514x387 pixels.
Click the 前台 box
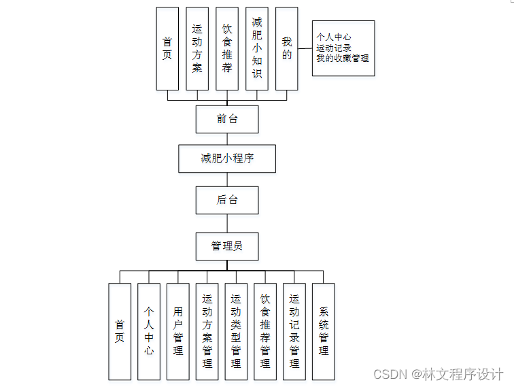(x=227, y=119)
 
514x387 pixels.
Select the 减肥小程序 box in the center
(x=227, y=158)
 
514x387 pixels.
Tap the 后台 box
(x=227, y=200)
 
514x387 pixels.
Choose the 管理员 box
(x=227, y=246)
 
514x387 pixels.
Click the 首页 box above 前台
(x=167, y=48)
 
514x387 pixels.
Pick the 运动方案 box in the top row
(x=197, y=48)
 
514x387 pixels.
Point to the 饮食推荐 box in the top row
(x=227, y=48)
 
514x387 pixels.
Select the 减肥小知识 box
(x=257, y=48)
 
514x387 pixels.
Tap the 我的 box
(x=287, y=48)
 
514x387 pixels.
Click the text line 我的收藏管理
(x=343, y=58)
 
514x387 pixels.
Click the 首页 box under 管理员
(x=120, y=331)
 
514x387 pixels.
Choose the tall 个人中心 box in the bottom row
(x=149, y=331)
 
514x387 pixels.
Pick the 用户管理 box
(x=178, y=331)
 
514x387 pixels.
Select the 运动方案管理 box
(x=207, y=331)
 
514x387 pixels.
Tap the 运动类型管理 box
(x=236, y=331)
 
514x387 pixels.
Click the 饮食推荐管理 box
(x=265, y=331)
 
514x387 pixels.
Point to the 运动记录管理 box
(x=294, y=331)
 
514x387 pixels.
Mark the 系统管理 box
(x=324, y=331)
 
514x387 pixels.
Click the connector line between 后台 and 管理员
(x=227, y=223)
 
